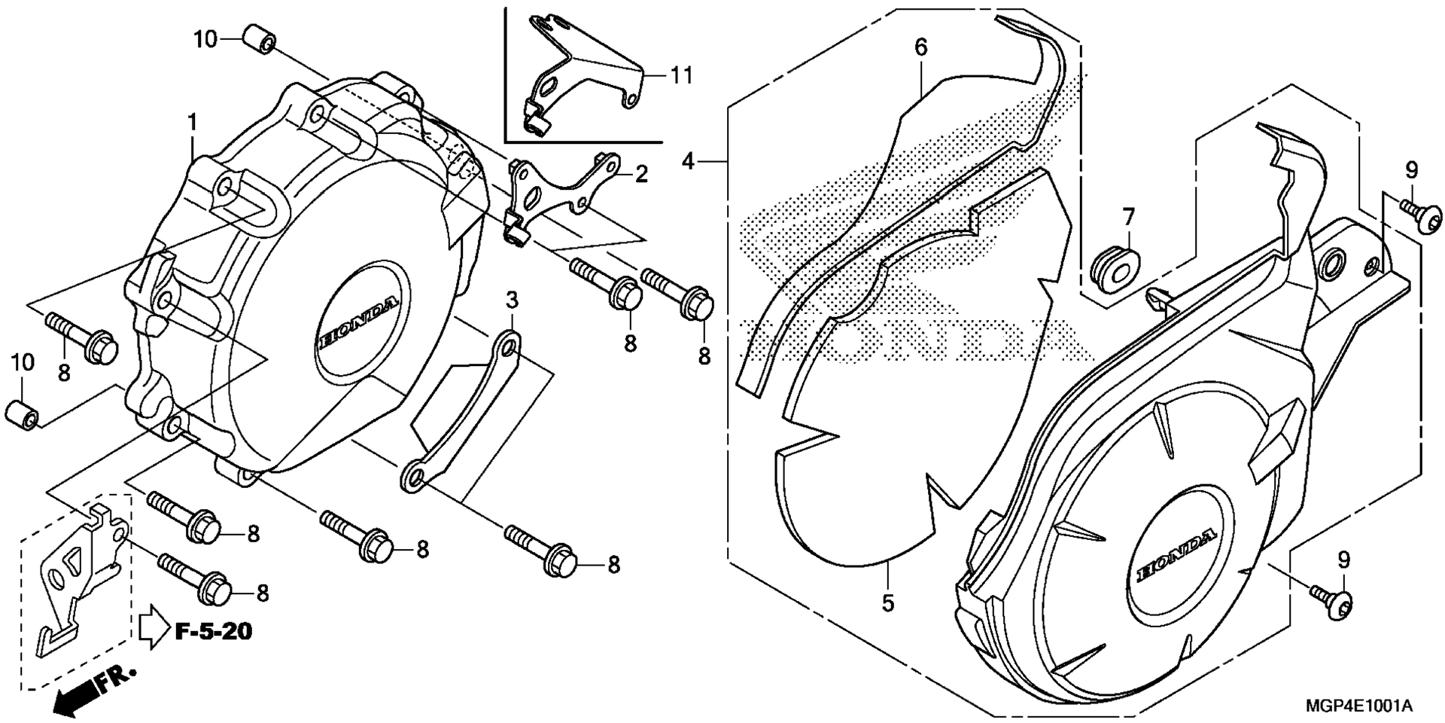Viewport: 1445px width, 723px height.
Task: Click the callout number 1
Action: click(193, 124)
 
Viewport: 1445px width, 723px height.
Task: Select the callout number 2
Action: click(640, 175)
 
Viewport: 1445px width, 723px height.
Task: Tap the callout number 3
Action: click(512, 301)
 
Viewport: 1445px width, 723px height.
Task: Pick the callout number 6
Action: click(921, 47)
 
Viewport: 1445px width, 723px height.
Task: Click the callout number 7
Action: click(1128, 218)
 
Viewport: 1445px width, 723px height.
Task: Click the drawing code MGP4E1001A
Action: click(1359, 706)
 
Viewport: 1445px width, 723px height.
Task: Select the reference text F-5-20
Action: click(214, 631)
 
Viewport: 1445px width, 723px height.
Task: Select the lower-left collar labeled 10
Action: click(23, 413)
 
